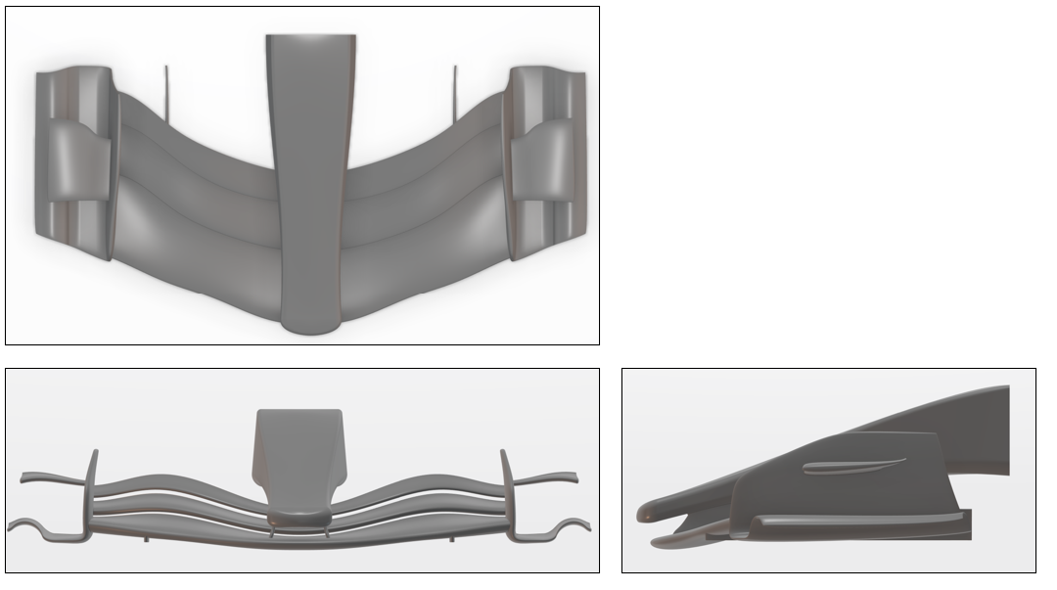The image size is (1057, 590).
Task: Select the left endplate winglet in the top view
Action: tap(77, 160)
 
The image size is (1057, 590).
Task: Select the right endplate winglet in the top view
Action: tap(541, 160)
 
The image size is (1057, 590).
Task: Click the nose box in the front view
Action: tap(299, 445)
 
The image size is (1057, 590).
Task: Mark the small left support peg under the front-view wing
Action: tap(147, 537)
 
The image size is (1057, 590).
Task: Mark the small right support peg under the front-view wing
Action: tap(451, 537)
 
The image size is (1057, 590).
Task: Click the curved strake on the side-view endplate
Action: tap(848, 467)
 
